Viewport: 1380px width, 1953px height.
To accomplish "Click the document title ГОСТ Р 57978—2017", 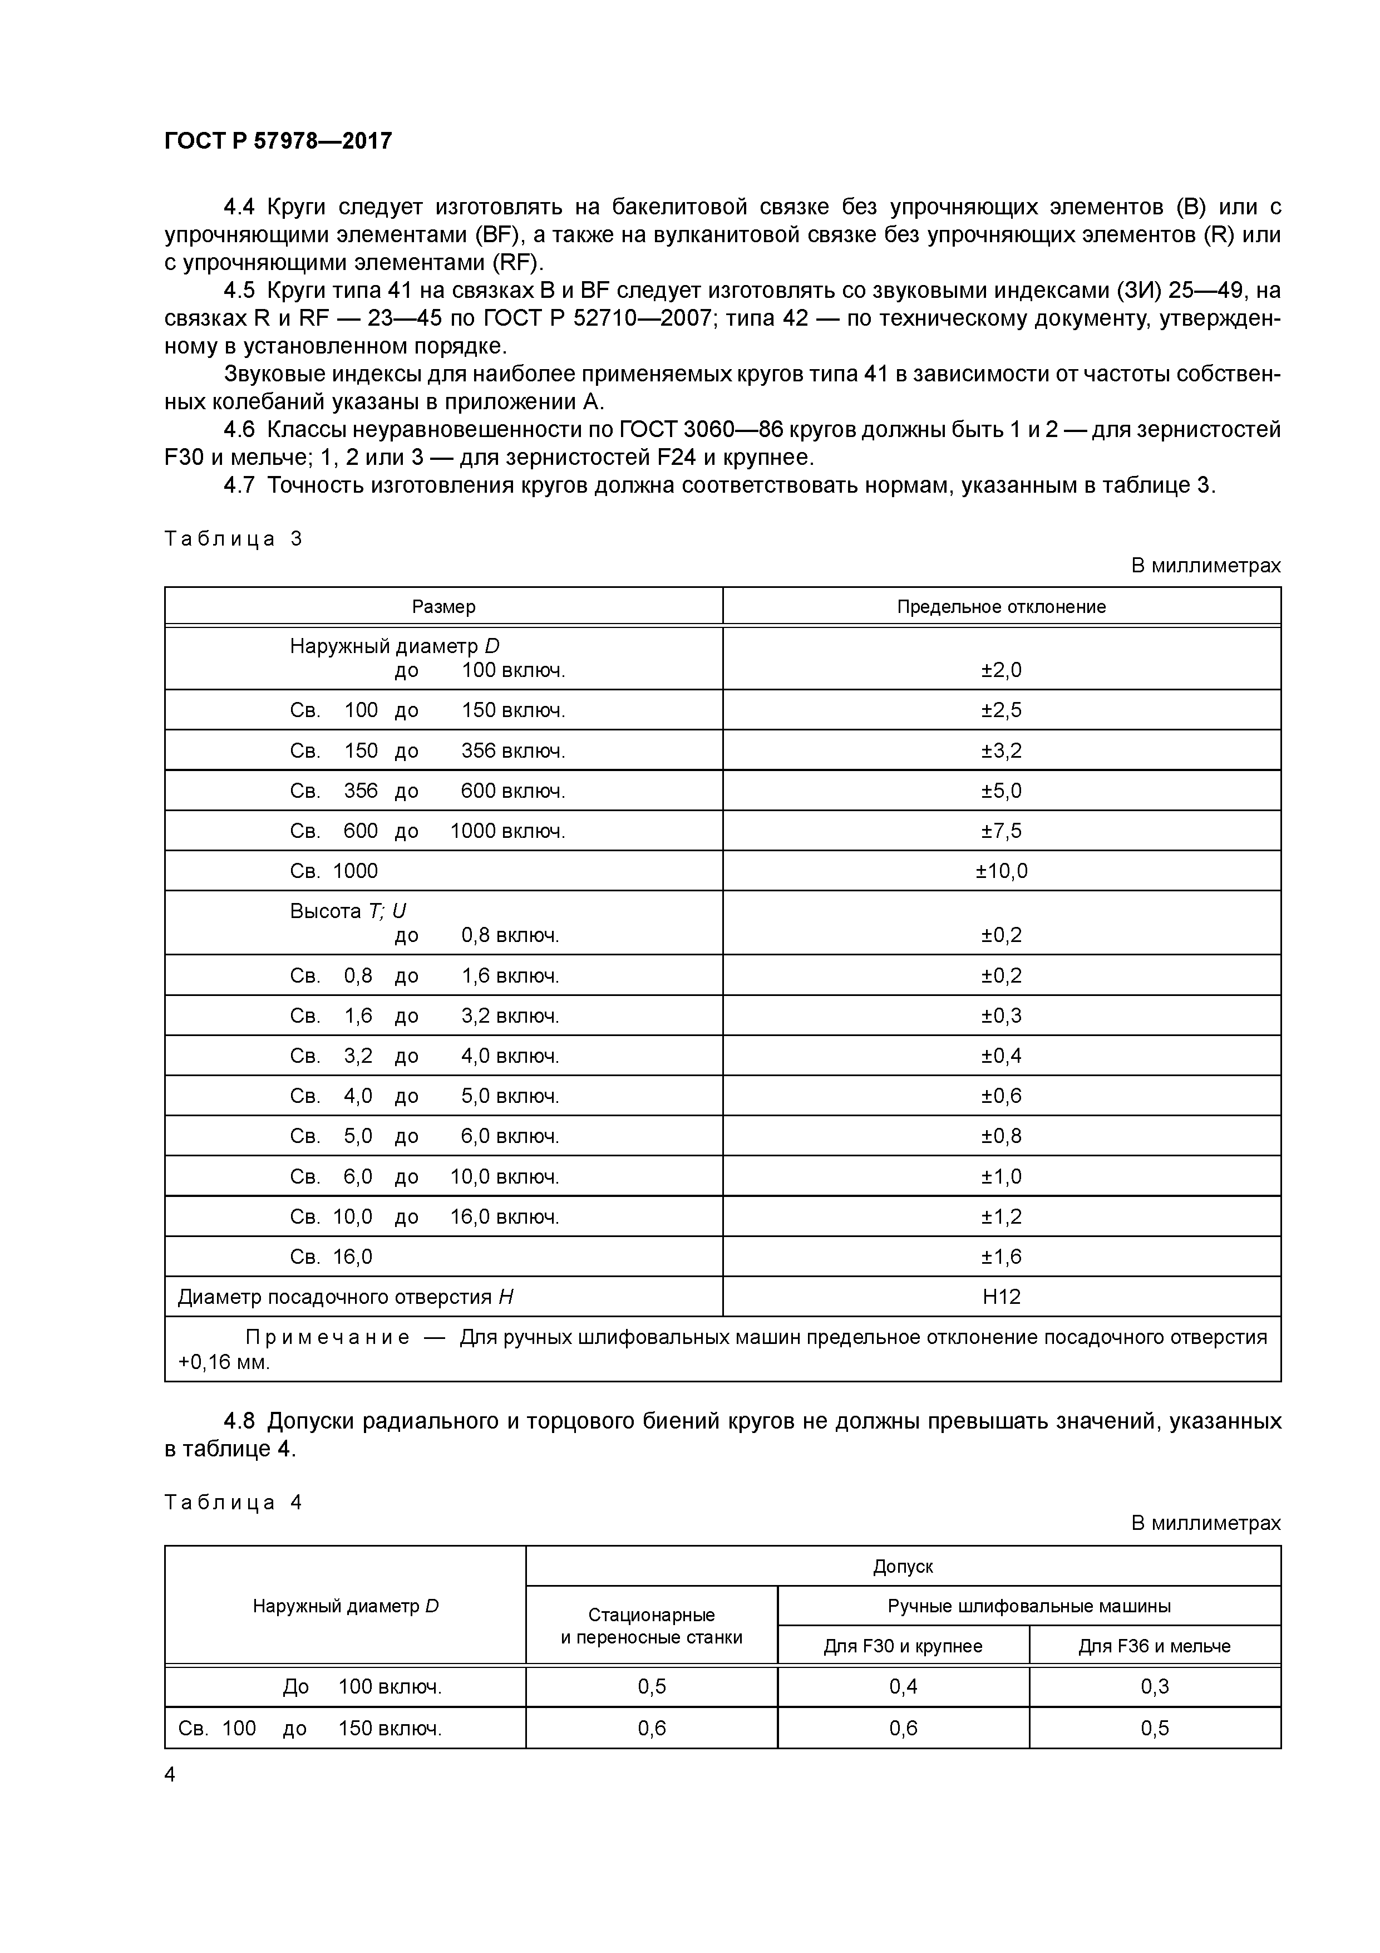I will click(278, 140).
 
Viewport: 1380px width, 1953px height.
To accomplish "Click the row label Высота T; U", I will click(348, 911).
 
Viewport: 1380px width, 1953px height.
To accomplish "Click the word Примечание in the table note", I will click(327, 1337).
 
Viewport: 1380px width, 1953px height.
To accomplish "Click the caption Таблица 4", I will click(233, 1502).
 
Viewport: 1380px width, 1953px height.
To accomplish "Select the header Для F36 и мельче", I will click(1154, 1646).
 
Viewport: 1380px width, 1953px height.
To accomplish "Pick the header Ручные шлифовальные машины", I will click(1029, 1606).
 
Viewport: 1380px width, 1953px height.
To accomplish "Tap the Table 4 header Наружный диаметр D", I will click(345, 1606).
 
